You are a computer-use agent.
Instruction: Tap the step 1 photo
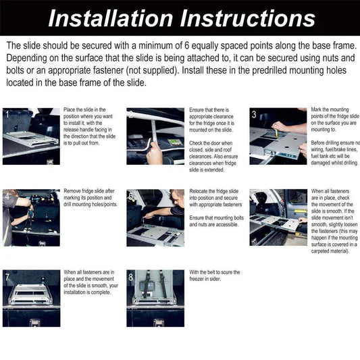[30, 136]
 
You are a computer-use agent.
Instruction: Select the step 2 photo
[155, 136]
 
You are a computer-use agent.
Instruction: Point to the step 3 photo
[278, 136]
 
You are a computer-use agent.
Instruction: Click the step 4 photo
[30, 217]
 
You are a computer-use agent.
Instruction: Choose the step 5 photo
[155, 217]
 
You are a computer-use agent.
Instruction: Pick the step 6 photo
[278, 217]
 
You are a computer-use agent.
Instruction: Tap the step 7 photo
[30, 298]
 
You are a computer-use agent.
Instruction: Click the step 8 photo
[155, 298]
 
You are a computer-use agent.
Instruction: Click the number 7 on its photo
[7, 278]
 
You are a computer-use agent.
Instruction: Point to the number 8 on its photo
[131, 278]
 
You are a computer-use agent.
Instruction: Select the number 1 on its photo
[7, 115]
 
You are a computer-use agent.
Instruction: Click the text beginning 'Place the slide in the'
[84, 109]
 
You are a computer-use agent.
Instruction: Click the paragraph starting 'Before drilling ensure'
[335, 153]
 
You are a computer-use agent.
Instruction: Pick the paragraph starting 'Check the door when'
[213, 153]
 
